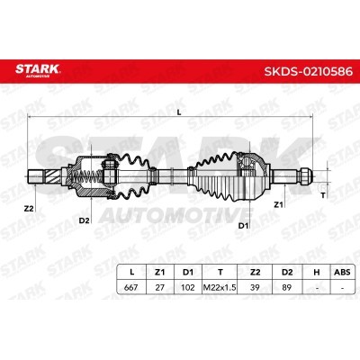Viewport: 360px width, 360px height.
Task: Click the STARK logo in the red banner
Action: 38,70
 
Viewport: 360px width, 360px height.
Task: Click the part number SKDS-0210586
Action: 308,71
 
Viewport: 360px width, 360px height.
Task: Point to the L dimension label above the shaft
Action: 179,112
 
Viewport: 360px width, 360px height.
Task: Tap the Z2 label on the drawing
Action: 29,209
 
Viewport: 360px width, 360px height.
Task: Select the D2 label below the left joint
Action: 85,220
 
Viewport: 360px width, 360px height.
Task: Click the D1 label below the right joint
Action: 244,226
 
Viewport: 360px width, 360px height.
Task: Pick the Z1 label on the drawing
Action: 278,204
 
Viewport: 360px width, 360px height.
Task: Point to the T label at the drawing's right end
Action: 323,195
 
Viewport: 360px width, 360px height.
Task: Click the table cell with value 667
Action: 130,287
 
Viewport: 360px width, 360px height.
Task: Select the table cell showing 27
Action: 159,287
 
